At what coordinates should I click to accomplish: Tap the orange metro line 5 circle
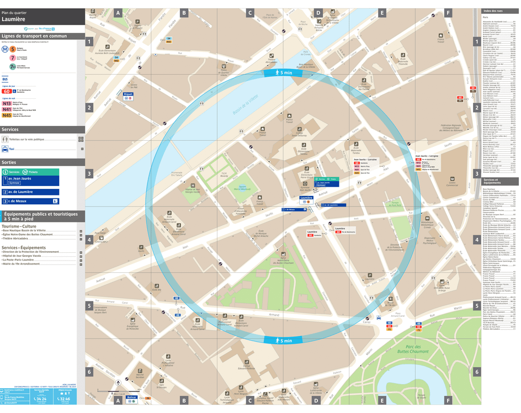pos(12,49)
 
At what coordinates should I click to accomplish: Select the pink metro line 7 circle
pos(12,57)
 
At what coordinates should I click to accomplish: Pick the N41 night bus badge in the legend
pos(7,109)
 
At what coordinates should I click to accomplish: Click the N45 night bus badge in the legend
pos(7,115)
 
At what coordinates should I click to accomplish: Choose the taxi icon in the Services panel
pos(5,149)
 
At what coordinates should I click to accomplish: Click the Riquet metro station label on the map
pos(128,94)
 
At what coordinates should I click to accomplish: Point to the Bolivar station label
pos(131,397)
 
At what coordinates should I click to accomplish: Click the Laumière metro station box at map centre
pos(306,198)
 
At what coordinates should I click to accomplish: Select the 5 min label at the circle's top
pos(285,73)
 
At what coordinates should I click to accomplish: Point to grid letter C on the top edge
pos(249,12)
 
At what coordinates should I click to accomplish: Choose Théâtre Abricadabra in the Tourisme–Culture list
pos(22,239)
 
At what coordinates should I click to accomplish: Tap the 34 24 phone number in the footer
pos(40,399)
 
